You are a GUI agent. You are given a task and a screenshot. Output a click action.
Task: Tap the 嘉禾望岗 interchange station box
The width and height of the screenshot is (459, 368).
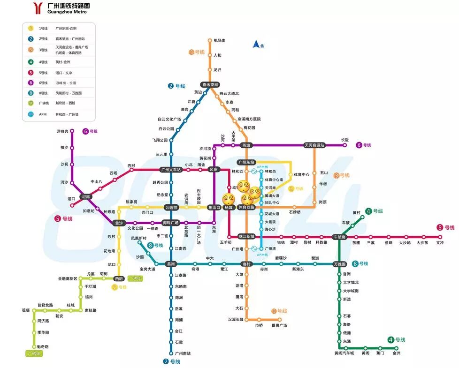coord(210,85)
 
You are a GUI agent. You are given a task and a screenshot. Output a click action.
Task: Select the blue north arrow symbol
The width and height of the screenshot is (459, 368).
coord(256,44)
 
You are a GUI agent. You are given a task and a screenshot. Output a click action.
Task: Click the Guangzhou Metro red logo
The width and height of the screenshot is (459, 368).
coord(38,8)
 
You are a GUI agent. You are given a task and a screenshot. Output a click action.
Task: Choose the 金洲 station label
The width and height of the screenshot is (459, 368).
coord(396,353)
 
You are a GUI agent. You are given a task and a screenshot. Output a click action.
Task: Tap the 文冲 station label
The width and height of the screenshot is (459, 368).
coord(440,243)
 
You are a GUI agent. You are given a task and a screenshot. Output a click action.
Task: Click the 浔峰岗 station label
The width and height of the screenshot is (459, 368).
coord(62,131)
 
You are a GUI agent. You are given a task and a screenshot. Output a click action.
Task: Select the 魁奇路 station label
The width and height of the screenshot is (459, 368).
coord(43,346)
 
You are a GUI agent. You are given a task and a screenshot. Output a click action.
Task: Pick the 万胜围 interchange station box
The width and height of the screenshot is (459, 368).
coord(339,264)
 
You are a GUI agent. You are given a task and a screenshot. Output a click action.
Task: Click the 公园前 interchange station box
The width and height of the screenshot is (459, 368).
coord(171,207)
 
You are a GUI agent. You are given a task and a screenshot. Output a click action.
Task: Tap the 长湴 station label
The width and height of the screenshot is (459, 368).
coord(345,140)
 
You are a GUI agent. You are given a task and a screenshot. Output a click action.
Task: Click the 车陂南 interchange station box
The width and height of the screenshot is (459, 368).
coord(339,237)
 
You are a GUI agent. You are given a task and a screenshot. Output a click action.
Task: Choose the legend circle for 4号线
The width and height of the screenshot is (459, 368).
coord(31,62)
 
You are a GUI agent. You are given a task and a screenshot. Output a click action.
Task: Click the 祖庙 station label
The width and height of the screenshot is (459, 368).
coord(25,310)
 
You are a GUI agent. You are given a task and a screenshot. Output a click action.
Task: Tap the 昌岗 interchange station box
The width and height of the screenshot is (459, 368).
coord(171,264)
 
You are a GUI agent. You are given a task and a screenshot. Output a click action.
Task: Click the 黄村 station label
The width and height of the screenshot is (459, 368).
coord(357,212)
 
